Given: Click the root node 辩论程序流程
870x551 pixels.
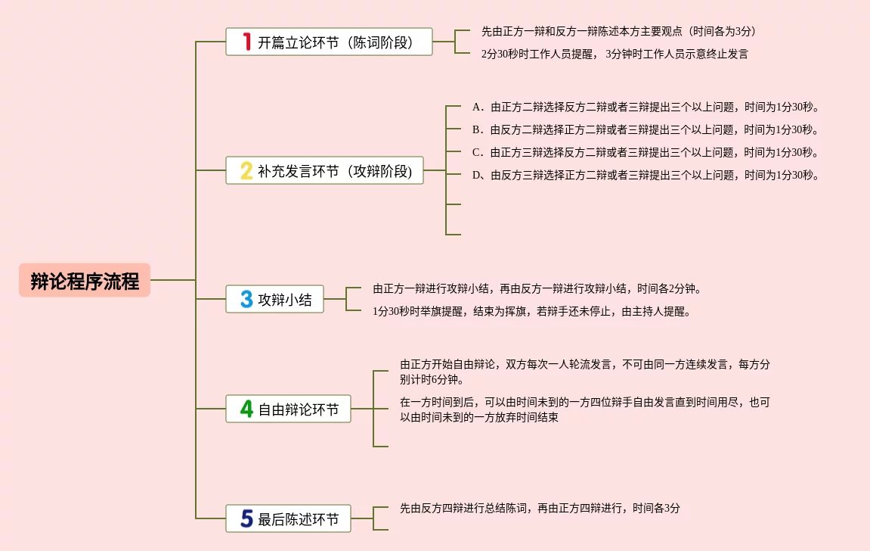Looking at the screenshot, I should point(85,281).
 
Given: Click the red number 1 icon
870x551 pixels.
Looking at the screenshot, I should point(246,42).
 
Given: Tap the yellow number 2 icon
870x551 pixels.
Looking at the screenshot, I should point(246,171).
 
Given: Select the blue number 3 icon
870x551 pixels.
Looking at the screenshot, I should point(246,300).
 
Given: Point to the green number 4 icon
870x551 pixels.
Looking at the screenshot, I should point(246,409).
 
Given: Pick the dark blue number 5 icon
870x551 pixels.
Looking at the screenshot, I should point(246,519).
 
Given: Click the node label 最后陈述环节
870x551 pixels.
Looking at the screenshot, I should point(299,520).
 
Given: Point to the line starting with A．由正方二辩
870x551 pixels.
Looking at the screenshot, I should point(646,107).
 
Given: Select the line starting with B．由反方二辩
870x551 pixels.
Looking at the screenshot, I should point(646,129).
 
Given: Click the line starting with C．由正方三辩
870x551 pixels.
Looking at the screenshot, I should point(646,152).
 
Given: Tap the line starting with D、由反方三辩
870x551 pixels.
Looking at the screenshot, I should point(646,175).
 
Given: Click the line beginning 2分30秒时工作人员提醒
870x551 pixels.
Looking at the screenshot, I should point(615,54).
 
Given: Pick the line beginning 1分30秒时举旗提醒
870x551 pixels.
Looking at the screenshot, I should point(531,311).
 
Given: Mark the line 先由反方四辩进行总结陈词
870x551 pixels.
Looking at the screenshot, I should point(540,509).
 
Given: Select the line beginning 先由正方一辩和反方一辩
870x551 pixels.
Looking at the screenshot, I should point(619,31).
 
